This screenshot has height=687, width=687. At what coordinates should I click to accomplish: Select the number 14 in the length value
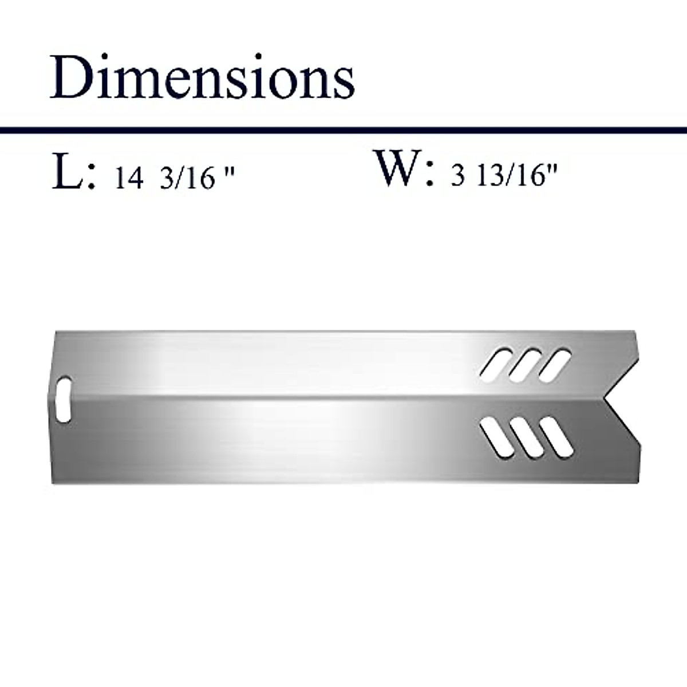pos(129,179)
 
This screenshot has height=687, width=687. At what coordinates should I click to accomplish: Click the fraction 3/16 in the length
pos(187,179)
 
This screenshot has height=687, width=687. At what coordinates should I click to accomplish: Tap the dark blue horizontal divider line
pos(343,131)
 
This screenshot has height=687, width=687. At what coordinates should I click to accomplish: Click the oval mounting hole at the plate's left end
pos(65,400)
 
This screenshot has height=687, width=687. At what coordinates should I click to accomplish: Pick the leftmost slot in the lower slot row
pos(499,438)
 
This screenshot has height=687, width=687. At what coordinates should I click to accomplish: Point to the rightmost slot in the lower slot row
pos(556,438)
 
